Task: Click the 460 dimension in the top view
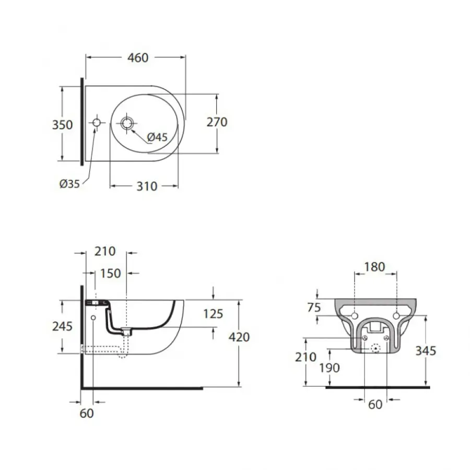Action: point(138,57)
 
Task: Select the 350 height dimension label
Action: point(63,125)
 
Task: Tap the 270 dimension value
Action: point(217,122)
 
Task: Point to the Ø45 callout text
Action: point(157,137)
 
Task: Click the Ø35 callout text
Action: point(69,183)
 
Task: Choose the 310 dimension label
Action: point(146,186)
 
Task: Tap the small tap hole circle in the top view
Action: point(97,123)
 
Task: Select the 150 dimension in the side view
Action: point(110,273)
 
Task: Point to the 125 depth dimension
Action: point(213,313)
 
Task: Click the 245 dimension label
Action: point(63,326)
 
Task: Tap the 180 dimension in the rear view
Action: point(374,267)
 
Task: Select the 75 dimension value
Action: point(314,308)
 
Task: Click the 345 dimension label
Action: point(425,350)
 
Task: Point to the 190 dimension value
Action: point(330,368)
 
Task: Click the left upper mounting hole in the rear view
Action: point(354,316)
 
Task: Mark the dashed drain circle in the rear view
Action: point(375,348)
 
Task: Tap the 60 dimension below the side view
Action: point(87,413)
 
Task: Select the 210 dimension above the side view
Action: point(104,251)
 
